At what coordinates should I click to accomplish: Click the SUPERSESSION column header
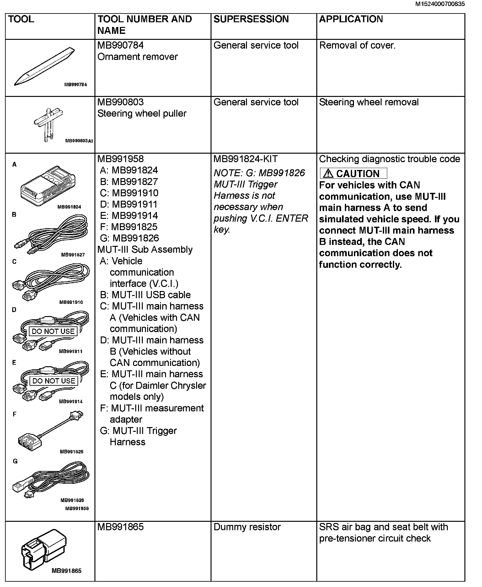[x=251, y=19]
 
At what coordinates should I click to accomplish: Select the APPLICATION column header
[x=351, y=19]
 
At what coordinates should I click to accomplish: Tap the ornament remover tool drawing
[x=44, y=67]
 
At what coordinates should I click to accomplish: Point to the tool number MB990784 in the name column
[x=120, y=45]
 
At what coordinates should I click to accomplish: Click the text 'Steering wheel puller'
[x=142, y=114]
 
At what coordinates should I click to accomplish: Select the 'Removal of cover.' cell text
[x=357, y=45]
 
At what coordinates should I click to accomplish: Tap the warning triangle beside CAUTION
[x=328, y=173]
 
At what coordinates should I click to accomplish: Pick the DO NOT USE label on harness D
[x=53, y=331]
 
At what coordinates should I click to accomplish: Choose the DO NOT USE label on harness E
[x=54, y=381]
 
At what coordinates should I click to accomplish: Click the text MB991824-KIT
[x=245, y=159]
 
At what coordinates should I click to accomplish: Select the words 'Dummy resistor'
[x=247, y=527]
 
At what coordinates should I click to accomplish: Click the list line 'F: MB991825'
[x=129, y=227]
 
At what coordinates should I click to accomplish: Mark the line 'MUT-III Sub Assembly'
[x=145, y=250]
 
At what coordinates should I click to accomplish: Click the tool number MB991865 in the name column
[x=120, y=527]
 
